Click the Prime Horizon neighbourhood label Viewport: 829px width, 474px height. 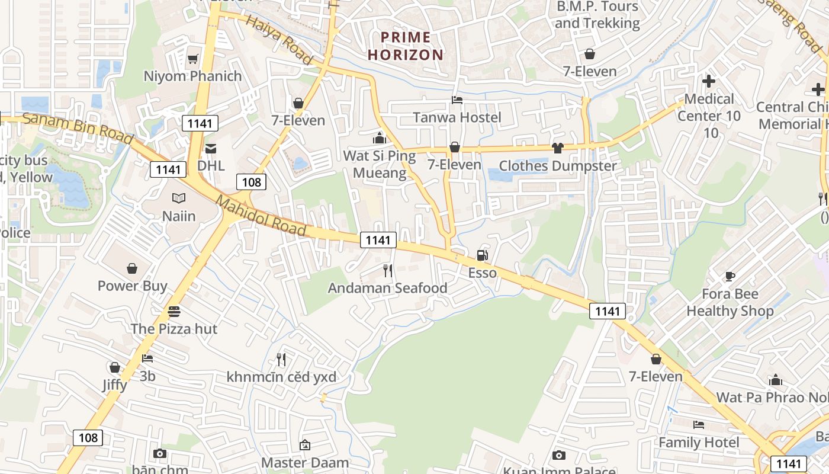click(x=406, y=46)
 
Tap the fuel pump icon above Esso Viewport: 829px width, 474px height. click(x=483, y=255)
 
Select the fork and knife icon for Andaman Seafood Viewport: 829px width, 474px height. click(x=388, y=271)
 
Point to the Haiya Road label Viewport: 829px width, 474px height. click(x=278, y=40)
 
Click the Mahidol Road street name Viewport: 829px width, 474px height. click(x=261, y=216)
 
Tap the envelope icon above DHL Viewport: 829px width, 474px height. click(x=211, y=148)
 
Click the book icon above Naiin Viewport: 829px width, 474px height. click(x=179, y=198)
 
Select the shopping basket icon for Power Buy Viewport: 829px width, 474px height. click(x=132, y=268)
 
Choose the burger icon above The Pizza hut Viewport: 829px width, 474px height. click(x=173, y=311)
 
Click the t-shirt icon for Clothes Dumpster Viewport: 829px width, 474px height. click(x=557, y=148)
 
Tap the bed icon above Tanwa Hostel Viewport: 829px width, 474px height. click(x=457, y=100)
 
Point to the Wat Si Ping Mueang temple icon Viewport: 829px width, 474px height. click(x=379, y=139)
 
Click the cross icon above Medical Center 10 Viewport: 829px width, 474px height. click(x=709, y=81)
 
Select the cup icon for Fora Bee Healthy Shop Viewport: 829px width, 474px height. click(x=730, y=276)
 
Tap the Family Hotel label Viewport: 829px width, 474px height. click(x=699, y=443)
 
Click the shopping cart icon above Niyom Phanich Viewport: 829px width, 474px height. click(x=192, y=59)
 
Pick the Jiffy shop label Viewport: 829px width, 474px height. click(x=114, y=385)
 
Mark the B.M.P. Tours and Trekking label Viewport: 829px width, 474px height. click(x=597, y=15)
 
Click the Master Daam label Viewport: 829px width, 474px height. click(x=305, y=462)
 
